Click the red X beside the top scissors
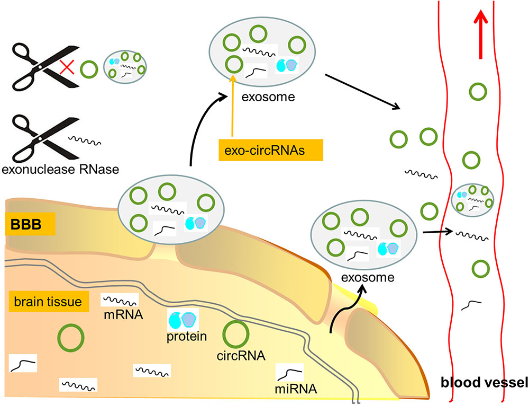point(67,67)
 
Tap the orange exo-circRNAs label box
point(262,149)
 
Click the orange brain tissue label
point(48,302)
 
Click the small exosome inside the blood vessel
point(472,199)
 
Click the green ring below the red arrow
point(478,92)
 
